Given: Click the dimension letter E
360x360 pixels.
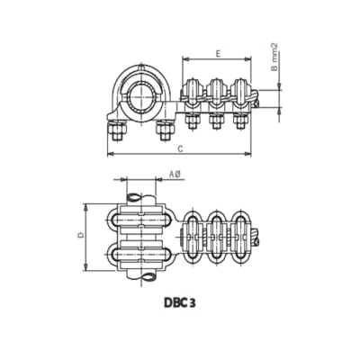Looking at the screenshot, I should pyautogui.click(x=218, y=54).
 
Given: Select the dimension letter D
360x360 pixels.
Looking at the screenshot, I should pyautogui.click(x=80, y=235).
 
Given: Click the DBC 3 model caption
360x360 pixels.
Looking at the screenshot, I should pyautogui.click(x=181, y=303).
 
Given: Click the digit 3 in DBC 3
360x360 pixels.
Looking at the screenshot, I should pyautogui.click(x=194, y=303).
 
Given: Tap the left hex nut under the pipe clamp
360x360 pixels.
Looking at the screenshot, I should pyautogui.click(x=119, y=131).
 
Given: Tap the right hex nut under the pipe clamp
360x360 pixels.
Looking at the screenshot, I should pyautogui.click(x=163, y=131).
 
